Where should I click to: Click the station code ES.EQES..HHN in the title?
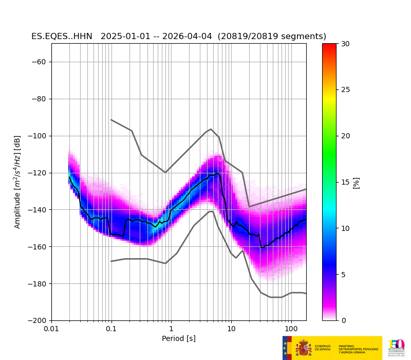(62, 37)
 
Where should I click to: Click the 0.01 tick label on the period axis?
(51, 329)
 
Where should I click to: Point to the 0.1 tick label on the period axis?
(111, 329)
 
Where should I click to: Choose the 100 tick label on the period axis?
(291, 329)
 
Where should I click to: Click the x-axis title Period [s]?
(179, 338)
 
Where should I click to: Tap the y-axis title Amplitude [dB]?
(17, 182)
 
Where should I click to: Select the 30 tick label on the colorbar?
(345, 44)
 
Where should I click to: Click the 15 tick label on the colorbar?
(345, 182)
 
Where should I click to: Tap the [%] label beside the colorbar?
(356, 183)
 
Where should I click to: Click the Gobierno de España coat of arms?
(303, 348)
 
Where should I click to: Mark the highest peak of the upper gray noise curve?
(211, 129)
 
